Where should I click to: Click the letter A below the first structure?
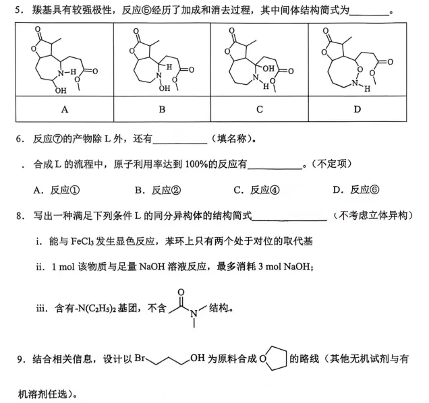click(65, 109)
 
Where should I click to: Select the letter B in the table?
click(162, 109)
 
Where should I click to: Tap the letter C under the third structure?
click(260, 109)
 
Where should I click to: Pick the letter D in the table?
click(357, 109)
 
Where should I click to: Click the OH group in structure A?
click(61, 90)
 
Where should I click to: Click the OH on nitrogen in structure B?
click(165, 88)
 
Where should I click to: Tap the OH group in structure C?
click(268, 68)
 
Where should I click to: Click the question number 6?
click(19, 139)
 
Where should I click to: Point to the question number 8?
click(19, 216)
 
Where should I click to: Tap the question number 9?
click(20, 359)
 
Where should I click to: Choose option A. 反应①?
click(57, 190)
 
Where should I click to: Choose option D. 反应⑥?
click(356, 190)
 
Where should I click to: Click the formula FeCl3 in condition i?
click(82, 241)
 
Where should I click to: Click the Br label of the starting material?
click(140, 358)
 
